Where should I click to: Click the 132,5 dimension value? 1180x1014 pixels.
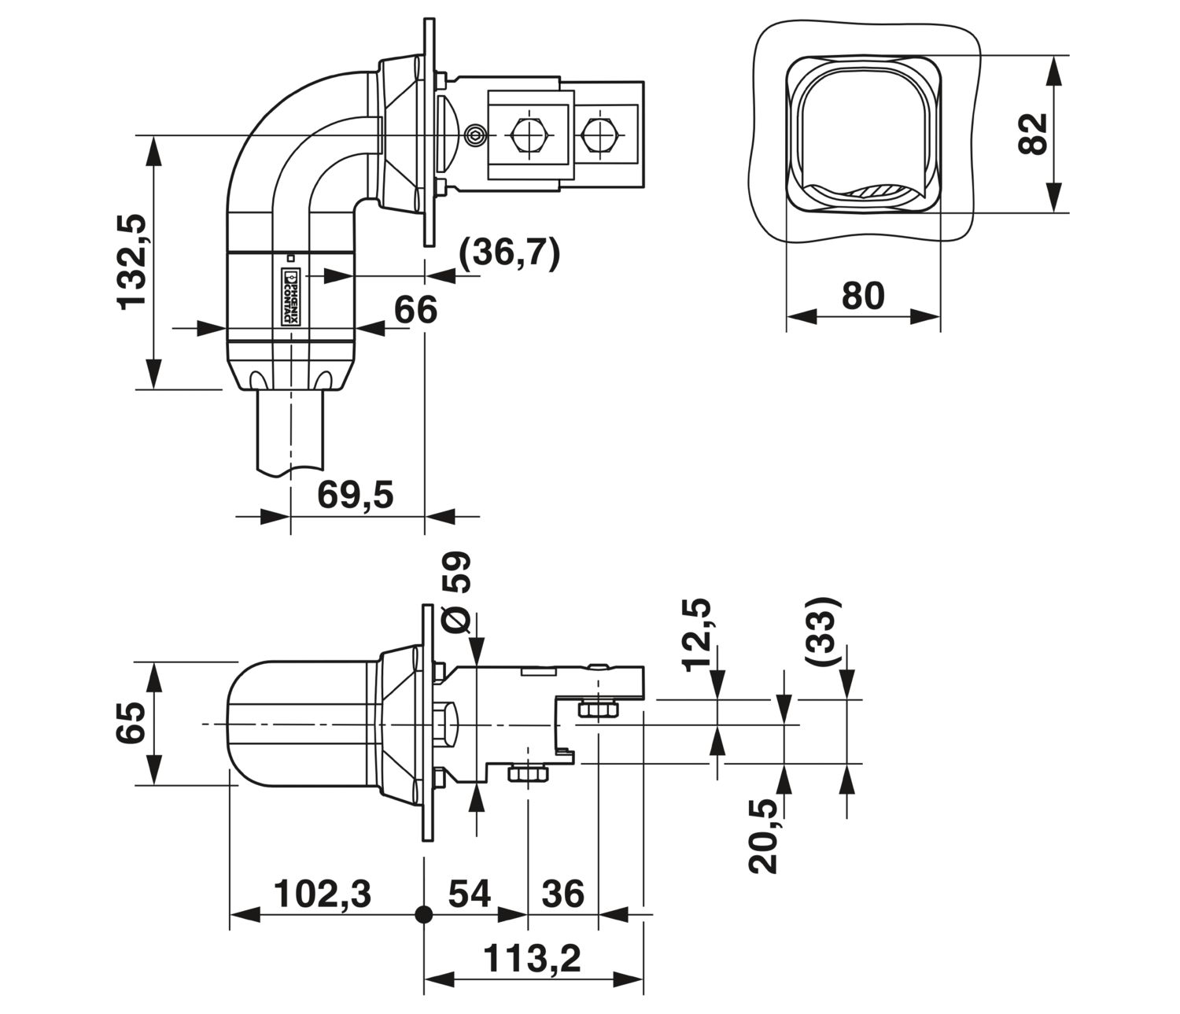click(x=132, y=262)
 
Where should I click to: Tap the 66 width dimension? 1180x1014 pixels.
click(x=415, y=310)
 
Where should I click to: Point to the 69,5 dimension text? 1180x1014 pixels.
click(x=355, y=495)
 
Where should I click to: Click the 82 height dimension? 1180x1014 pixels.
click(x=1033, y=135)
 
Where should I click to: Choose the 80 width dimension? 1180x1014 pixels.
click(x=863, y=296)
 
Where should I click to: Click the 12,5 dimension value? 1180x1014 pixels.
click(x=696, y=635)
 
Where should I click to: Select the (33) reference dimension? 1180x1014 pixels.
click(x=823, y=630)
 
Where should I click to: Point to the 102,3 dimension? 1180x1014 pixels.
click(x=323, y=894)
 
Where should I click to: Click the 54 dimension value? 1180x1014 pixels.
click(x=470, y=894)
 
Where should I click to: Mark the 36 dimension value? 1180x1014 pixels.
click(x=563, y=894)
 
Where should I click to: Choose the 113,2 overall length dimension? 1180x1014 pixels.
click(x=532, y=959)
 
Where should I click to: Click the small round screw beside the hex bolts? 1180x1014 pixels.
click(x=475, y=135)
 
